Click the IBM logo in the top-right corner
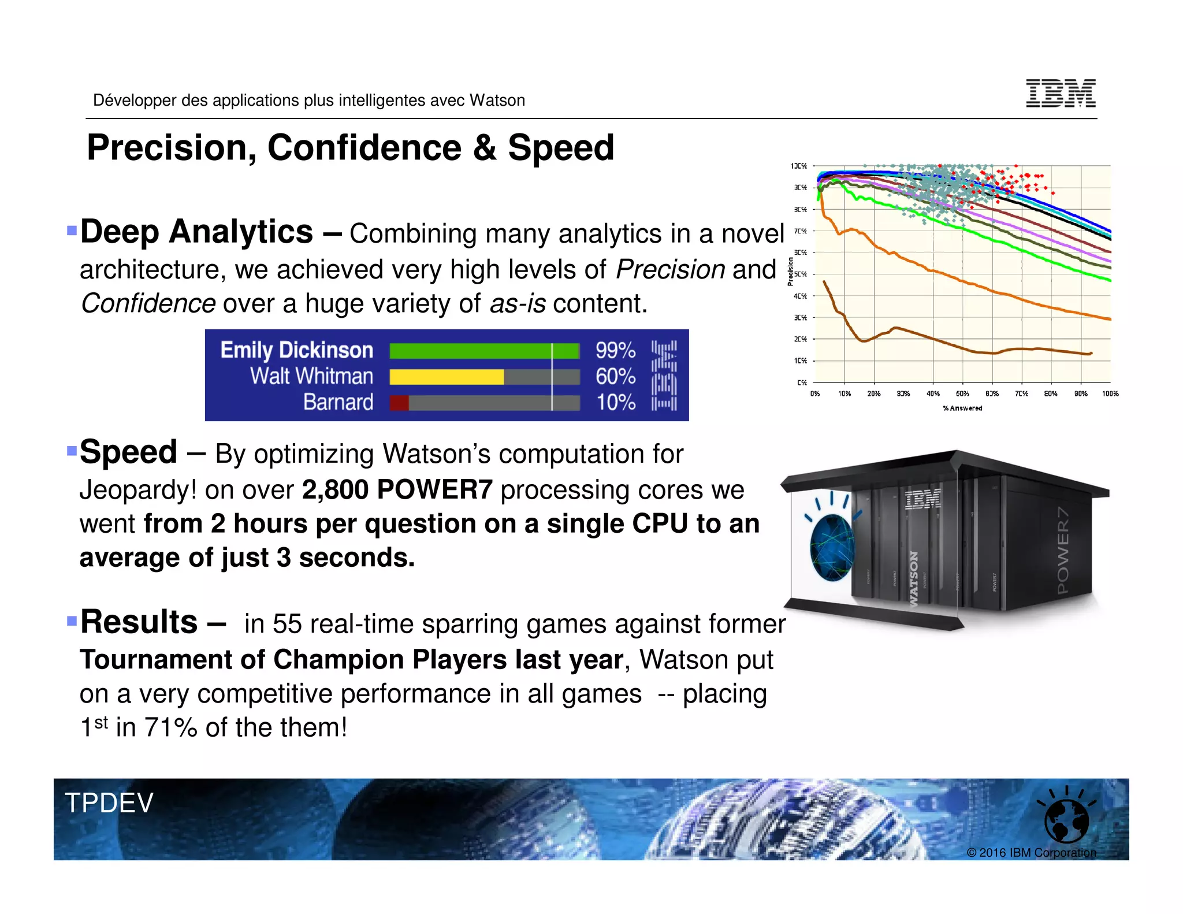1061,93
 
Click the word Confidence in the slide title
364,148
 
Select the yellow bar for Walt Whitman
446,377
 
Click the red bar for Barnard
399,403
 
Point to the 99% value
615,351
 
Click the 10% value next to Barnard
615,402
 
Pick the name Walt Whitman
311,376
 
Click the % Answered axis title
962,408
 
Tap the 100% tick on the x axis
1110,393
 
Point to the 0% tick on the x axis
814,393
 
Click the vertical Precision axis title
790,272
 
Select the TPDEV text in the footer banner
109,802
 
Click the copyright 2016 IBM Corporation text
1031,852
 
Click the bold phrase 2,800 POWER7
397,490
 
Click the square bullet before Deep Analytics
72,231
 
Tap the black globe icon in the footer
1066,820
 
